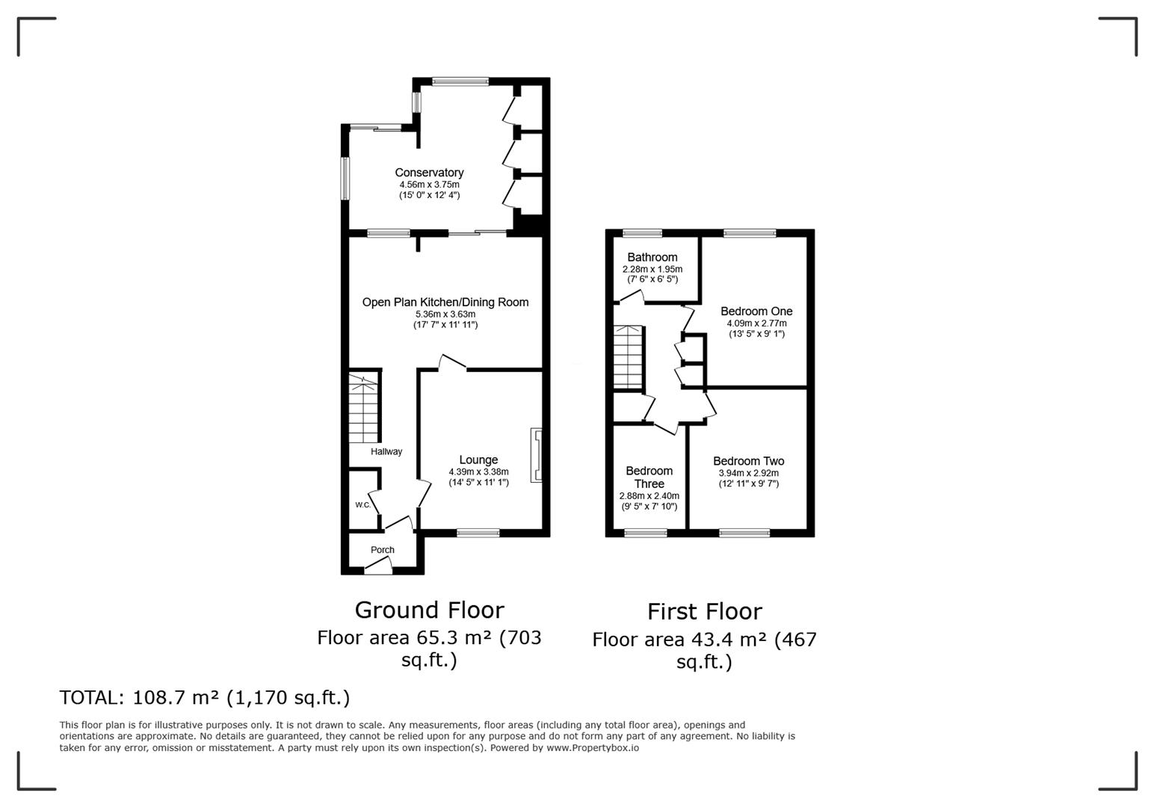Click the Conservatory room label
[429, 173]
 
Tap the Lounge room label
[478, 460]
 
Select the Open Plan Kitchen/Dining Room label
[445, 303]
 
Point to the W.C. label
[363, 505]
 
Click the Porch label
[383, 550]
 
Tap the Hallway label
[386, 451]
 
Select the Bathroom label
[652, 258]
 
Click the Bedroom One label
[756, 312]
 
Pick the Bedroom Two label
[748, 462]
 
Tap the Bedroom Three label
[649, 477]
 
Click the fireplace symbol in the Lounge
[536, 455]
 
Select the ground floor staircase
[364, 410]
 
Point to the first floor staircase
[628, 357]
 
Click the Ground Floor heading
[429, 610]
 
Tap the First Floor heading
[704, 612]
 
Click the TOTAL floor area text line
[204, 698]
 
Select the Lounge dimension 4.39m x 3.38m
[478, 472]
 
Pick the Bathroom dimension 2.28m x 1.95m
[652, 269]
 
